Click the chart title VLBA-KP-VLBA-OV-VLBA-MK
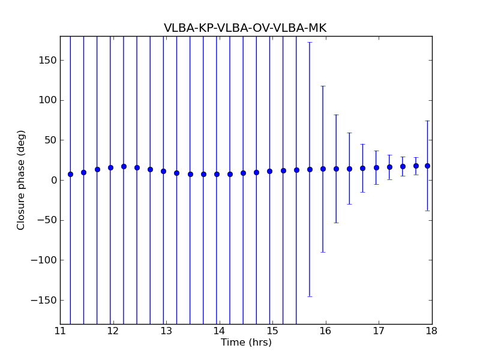pyautogui.click(x=245, y=28)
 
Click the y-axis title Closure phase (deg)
pyautogui.click(x=22, y=180)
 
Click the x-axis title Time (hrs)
pyautogui.click(x=246, y=343)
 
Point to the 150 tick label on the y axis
pyautogui.click(x=49, y=60)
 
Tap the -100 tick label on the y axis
pyautogui.click(x=45, y=260)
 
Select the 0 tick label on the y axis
pyautogui.click(x=54, y=180)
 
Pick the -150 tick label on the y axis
pyautogui.click(x=45, y=300)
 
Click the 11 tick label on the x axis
pyautogui.click(x=60, y=331)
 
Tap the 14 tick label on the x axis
pyautogui.click(x=220, y=331)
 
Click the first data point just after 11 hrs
pyautogui.click(x=70, y=174)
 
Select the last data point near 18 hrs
pyautogui.click(x=427, y=166)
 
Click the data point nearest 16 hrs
pyautogui.click(x=323, y=169)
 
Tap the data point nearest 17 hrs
pyautogui.click(x=376, y=167)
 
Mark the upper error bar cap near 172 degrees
pyautogui.click(x=310, y=42)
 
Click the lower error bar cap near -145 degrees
pyautogui.click(x=310, y=296)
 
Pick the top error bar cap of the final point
pyautogui.click(x=427, y=121)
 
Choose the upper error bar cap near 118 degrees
pyautogui.click(x=323, y=86)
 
